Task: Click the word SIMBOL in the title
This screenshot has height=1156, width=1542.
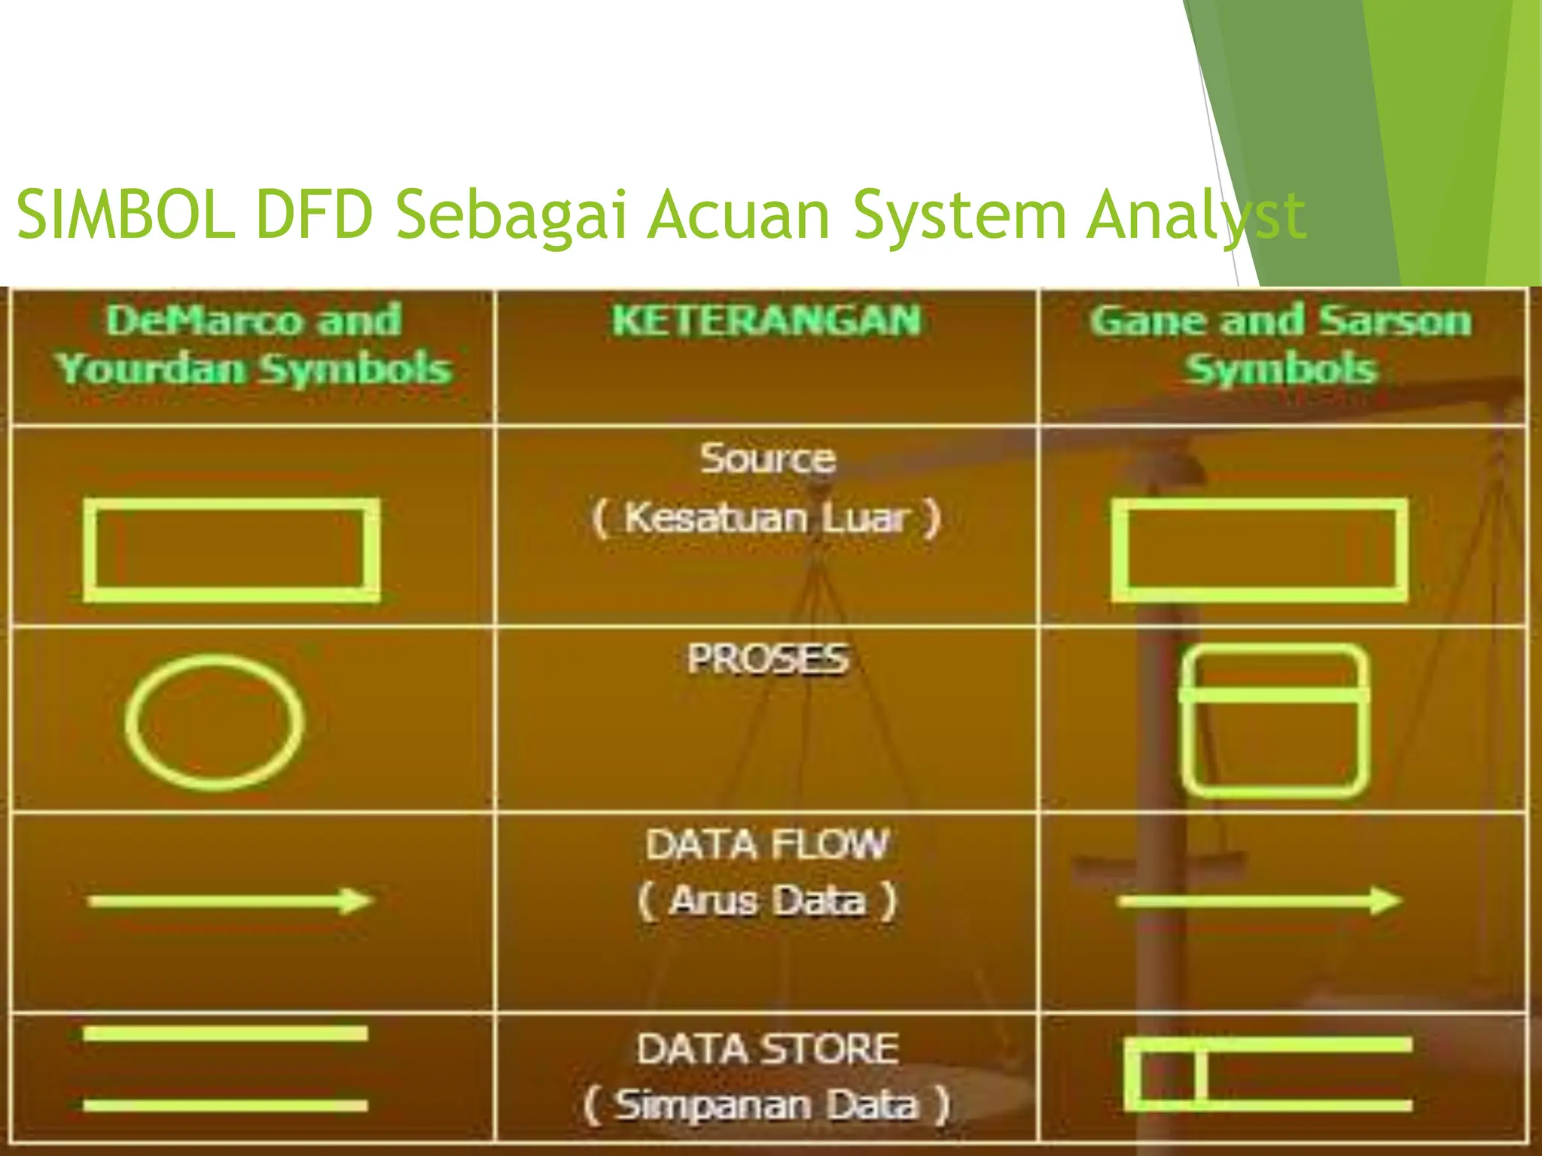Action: pos(124,215)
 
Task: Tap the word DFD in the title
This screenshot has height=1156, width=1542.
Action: pos(314,215)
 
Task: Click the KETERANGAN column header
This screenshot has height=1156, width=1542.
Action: pos(766,321)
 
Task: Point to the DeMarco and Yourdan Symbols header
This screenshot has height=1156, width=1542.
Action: pos(254,345)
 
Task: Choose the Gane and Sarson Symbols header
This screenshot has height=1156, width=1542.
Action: pos(1280,345)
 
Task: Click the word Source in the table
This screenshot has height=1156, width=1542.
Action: pos(767,458)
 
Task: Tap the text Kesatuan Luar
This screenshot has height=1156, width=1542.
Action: pos(767,519)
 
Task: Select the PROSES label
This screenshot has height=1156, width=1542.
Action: pos(767,659)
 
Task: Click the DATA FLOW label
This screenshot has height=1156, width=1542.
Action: pos(767,844)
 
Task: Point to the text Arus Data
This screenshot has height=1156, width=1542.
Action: pos(767,901)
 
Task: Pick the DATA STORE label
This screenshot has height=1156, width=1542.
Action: pos(767,1049)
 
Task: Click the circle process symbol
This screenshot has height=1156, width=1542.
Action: pos(215,722)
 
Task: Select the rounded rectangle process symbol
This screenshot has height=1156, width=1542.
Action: pos(1273,720)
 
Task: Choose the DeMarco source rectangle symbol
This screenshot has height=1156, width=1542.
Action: pos(231,550)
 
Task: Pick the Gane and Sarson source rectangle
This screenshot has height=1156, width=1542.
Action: pos(1259,550)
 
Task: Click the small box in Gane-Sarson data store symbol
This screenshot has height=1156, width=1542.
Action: pos(1166,1075)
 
